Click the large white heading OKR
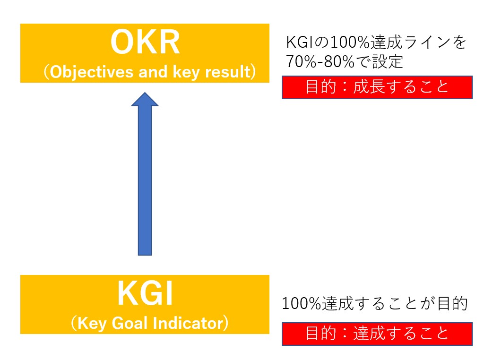click(x=145, y=43)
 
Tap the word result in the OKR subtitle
click(x=228, y=72)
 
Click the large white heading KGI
click(x=145, y=293)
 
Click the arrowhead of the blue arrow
click(x=145, y=99)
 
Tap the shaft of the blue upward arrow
click(x=145, y=180)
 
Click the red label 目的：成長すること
click(x=377, y=87)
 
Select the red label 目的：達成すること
click(x=377, y=334)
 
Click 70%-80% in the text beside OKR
click(x=320, y=61)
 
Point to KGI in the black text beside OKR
click(x=300, y=42)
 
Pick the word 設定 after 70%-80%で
click(x=388, y=61)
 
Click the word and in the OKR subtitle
click(x=153, y=72)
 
